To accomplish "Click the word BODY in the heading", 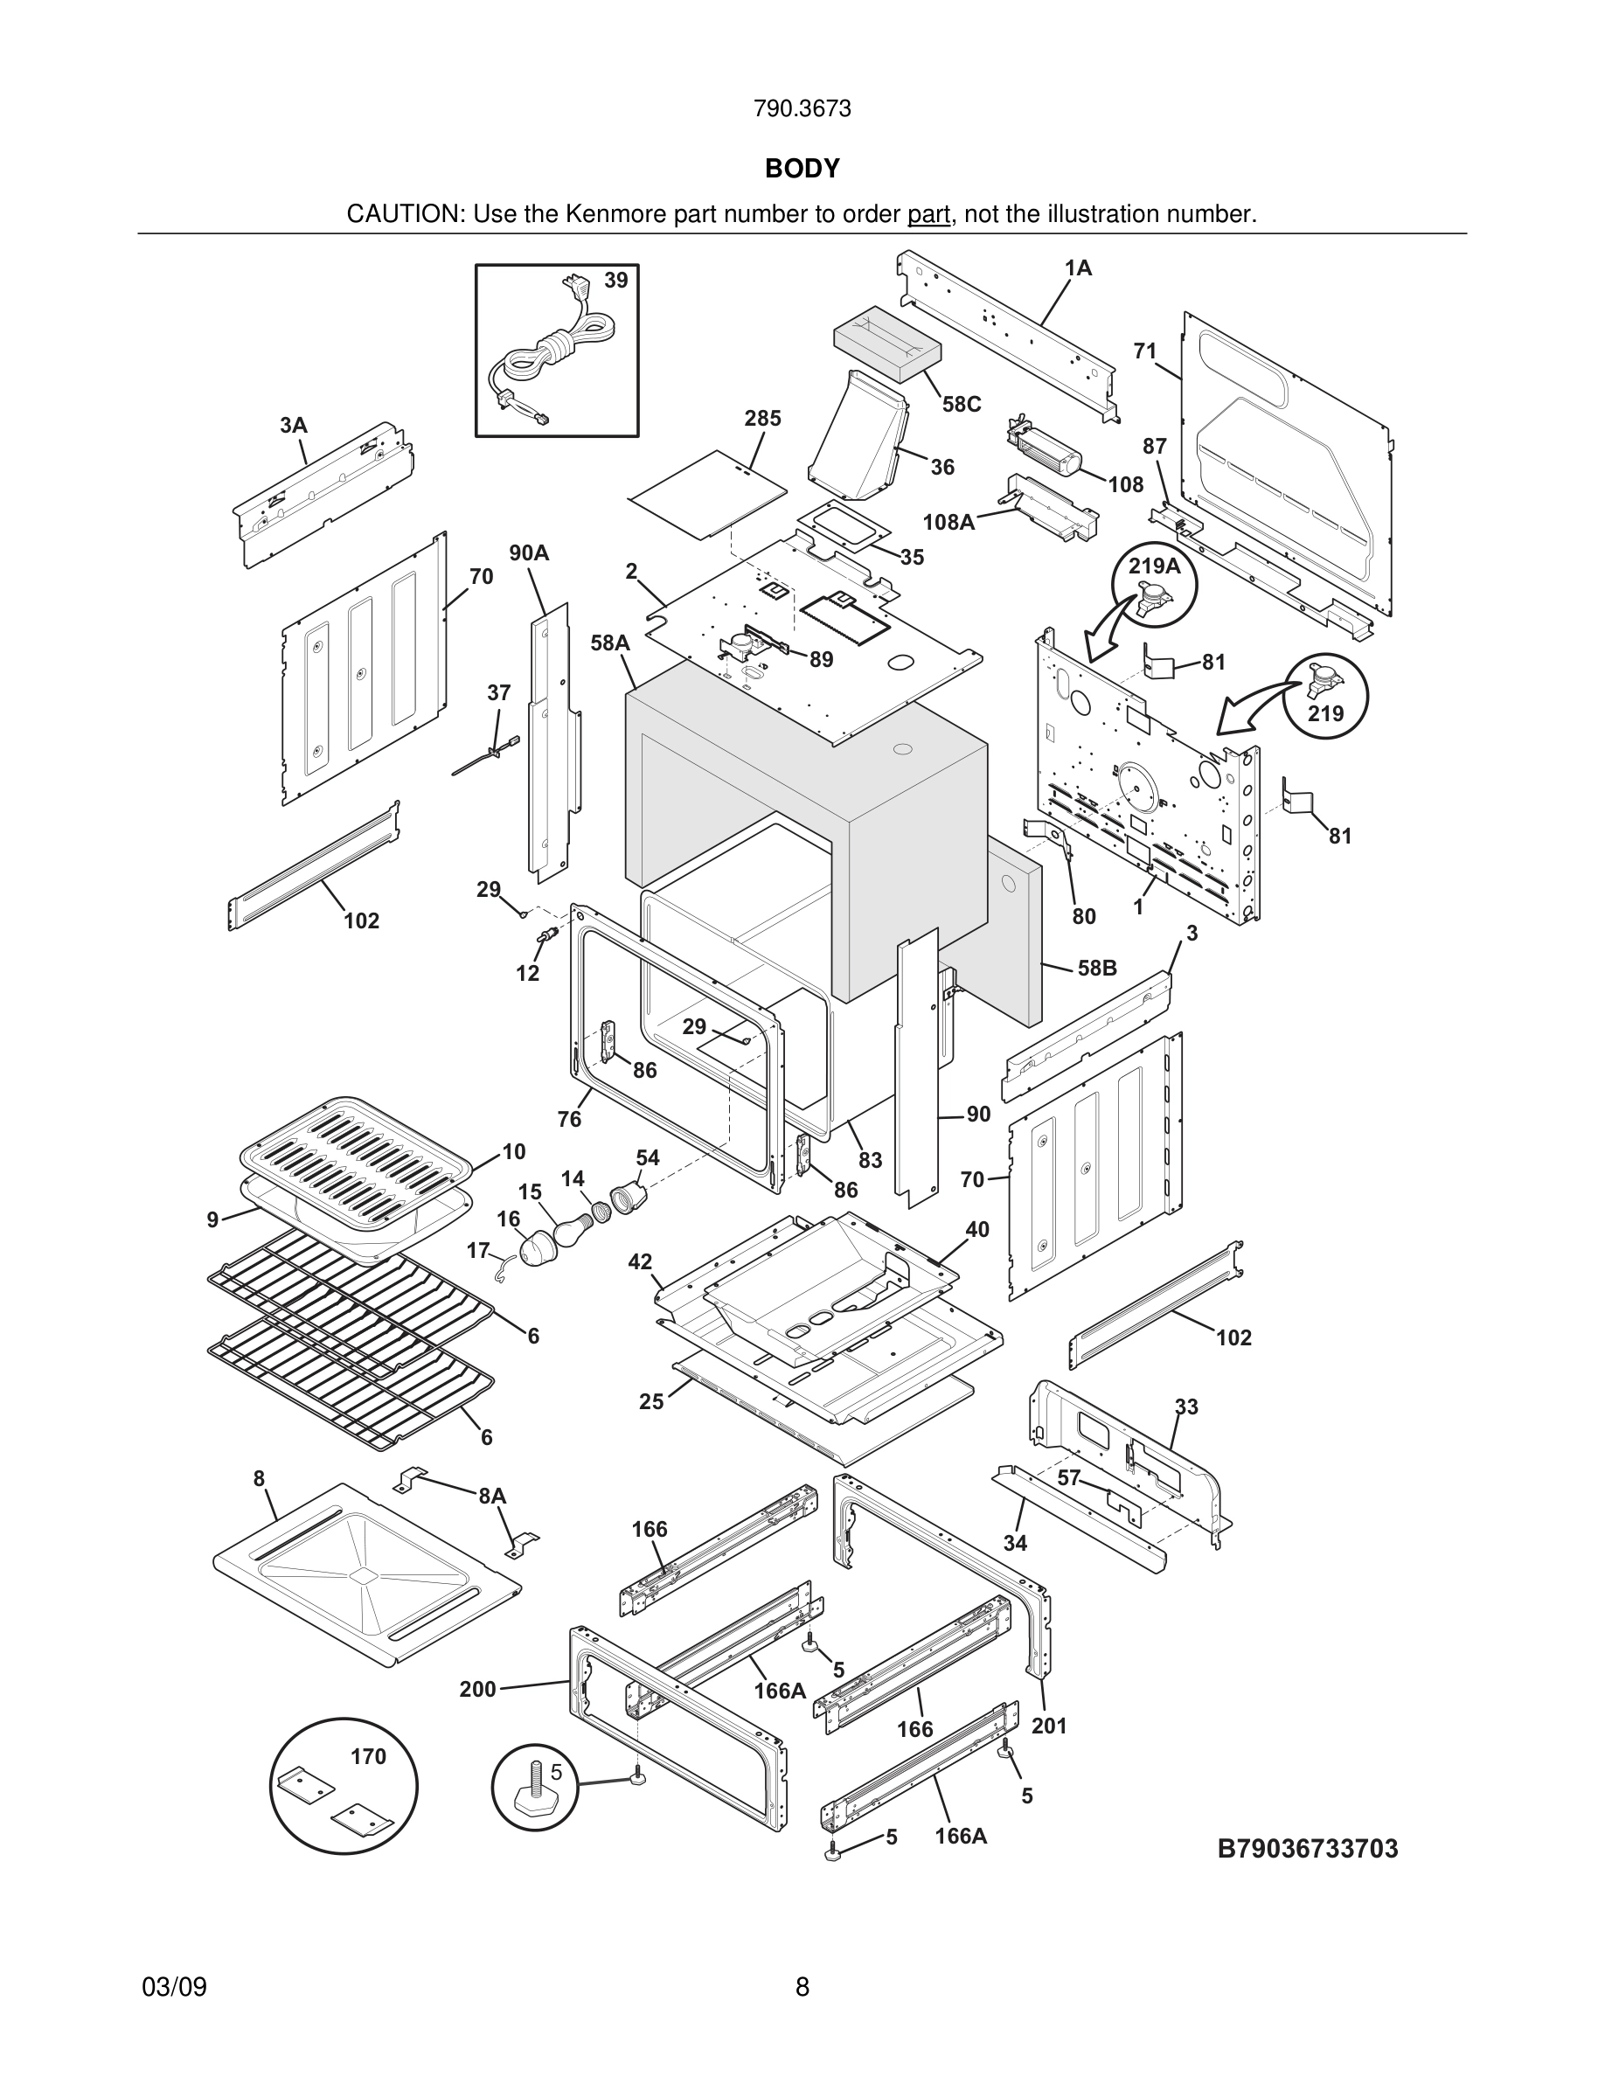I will [802, 169].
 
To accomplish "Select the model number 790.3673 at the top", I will [802, 109].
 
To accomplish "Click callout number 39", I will [616, 281].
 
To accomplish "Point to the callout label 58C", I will [962, 404].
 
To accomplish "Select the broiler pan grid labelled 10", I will [357, 1161].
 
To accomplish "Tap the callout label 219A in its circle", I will [1153, 566].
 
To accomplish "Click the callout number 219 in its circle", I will [1325, 713].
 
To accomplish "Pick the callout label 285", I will [762, 419].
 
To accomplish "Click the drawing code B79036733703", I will [1308, 1849].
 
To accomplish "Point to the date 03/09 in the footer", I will [174, 1987].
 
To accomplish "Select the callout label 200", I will [478, 1689].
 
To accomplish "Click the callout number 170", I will [368, 1756].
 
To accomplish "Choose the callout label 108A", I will [948, 522].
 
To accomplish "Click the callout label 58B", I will [1096, 968].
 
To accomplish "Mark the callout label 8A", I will [491, 1496].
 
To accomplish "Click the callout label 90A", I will [529, 553].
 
